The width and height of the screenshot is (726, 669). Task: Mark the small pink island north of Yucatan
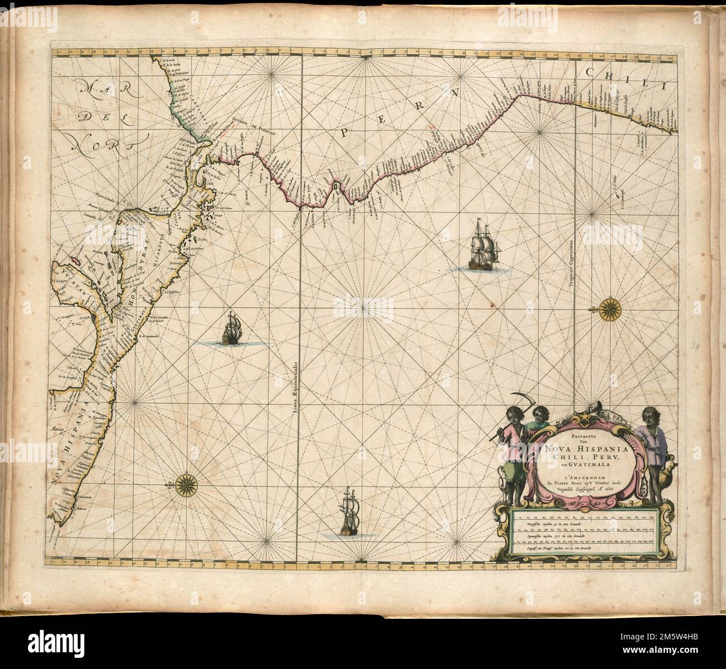pos(74,261)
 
